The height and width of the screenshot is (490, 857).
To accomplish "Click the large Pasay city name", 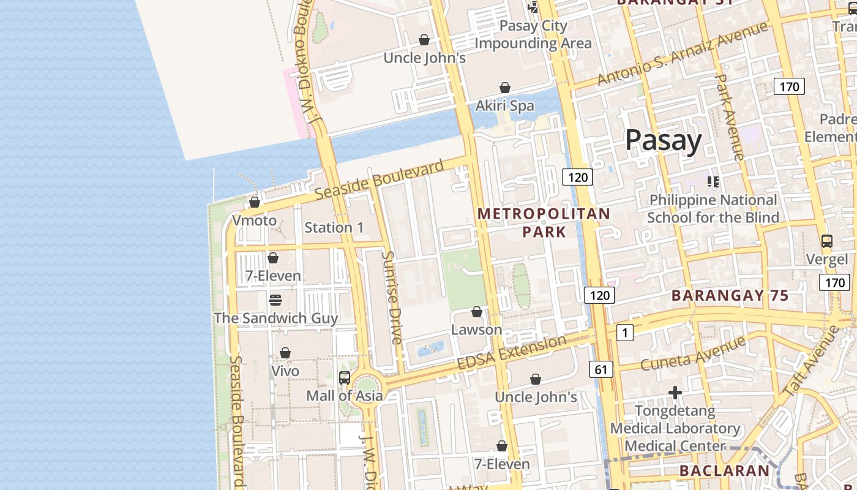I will [664, 141].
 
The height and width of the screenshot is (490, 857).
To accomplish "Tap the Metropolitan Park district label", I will [544, 222].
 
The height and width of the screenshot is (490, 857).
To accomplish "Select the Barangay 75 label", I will [730, 295].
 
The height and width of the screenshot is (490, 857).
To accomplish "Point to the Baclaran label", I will [724, 470].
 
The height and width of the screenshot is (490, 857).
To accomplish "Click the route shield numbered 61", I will [601, 369].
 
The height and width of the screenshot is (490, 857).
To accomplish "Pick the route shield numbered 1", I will [624, 333].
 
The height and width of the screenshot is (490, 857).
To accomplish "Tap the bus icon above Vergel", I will [826, 241].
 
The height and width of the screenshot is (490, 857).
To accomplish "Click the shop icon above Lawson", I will [477, 312].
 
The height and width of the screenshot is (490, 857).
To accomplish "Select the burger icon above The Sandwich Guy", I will [275, 300].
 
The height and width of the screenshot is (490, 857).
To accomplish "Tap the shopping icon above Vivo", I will [285, 353].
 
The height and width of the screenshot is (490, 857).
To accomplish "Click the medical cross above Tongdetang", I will [675, 393].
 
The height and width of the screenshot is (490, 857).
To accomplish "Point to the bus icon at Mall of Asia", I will [345, 378].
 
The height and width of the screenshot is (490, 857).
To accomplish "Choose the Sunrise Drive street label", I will [392, 297].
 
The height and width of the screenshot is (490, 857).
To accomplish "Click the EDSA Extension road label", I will [511, 352].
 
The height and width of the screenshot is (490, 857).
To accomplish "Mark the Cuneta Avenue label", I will [693, 353].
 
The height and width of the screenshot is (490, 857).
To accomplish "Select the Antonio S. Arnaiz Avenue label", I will [683, 54].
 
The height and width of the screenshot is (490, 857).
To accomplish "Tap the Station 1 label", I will [334, 227].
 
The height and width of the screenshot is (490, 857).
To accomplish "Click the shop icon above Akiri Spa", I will [505, 88].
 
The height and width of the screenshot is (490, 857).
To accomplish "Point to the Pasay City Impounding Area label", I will [533, 34].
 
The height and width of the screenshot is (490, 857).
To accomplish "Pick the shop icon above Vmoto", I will [255, 202].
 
